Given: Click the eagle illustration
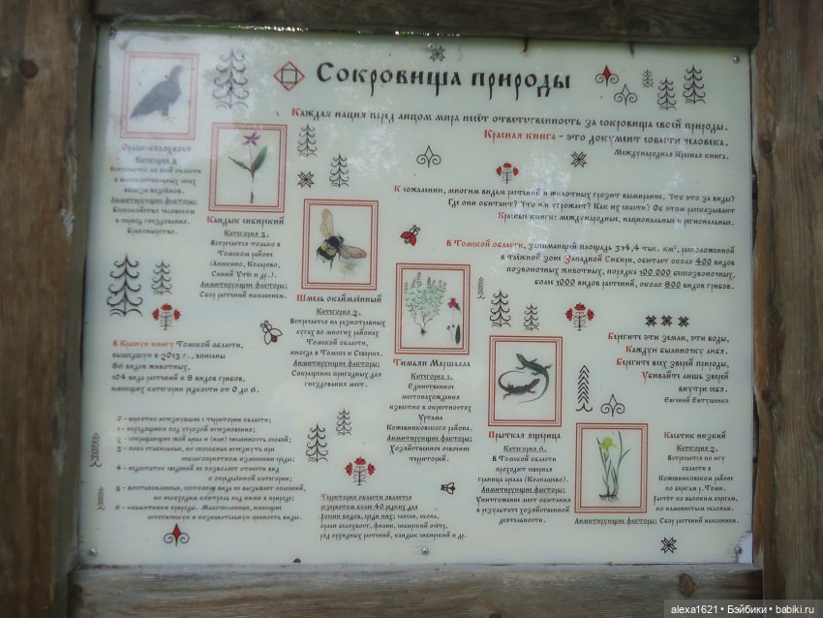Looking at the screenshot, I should [x=158, y=93].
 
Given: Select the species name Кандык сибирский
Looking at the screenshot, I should [x=246, y=221].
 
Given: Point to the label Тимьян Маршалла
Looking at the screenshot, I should [x=432, y=363].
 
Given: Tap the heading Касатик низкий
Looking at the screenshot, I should [x=694, y=436].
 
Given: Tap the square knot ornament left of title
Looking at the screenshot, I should [x=289, y=76].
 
